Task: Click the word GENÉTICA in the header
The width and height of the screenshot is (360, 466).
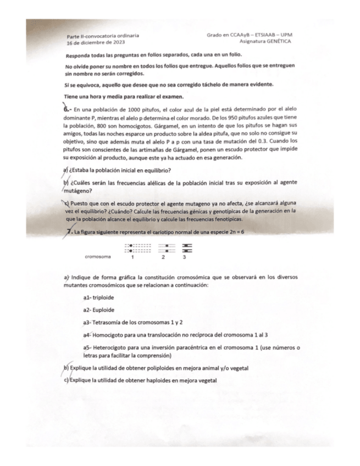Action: coord(278,41)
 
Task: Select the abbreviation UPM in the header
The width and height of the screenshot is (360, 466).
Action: coord(286,34)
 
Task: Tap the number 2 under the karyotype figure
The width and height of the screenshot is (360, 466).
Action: coord(163,257)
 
